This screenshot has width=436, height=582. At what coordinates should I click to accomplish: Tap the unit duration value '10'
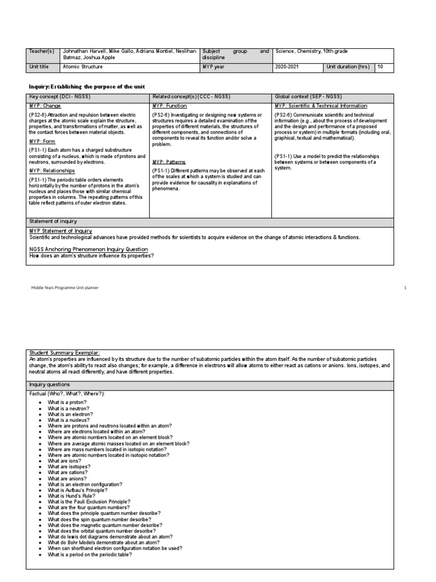pos(380,66)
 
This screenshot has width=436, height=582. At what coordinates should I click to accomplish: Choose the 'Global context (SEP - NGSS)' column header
pos(308,97)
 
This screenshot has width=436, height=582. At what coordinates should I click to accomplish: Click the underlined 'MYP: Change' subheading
pos(45,106)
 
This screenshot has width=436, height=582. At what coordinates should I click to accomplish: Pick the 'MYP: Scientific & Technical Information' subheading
pos(321,106)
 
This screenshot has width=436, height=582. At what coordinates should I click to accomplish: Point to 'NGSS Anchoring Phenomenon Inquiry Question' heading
pos(89,249)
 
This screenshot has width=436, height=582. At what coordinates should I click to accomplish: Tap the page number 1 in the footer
pos(405,288)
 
